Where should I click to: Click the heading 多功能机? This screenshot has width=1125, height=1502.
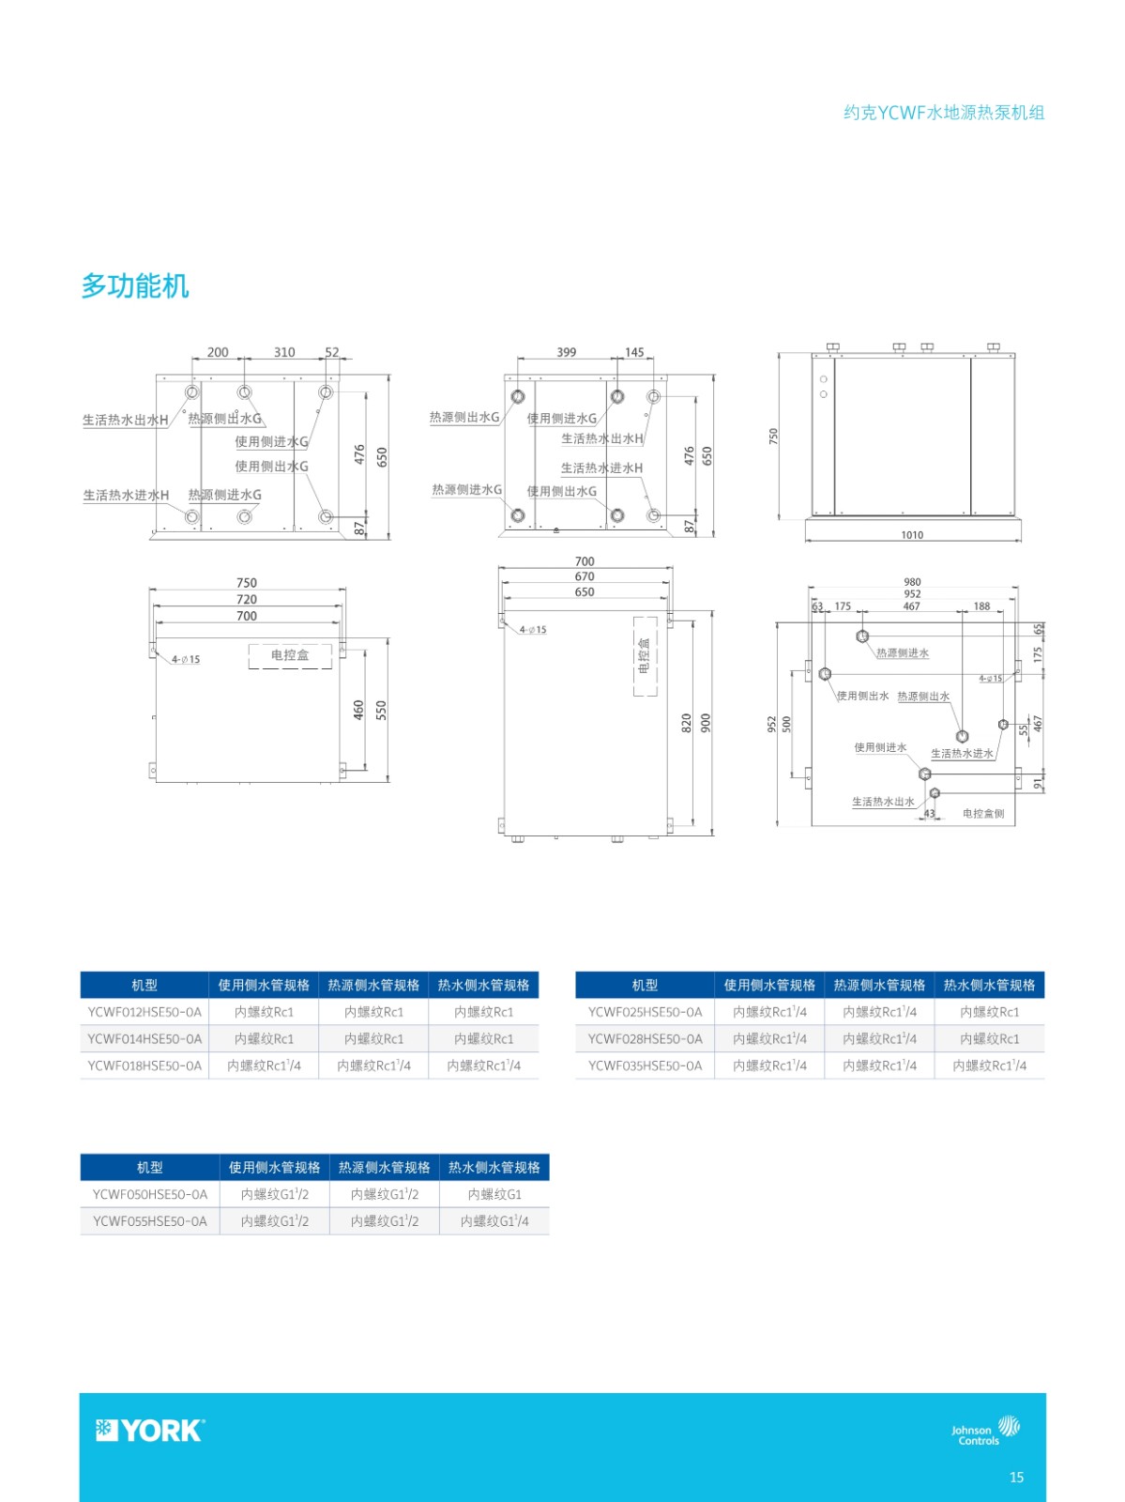[x=135, y=285]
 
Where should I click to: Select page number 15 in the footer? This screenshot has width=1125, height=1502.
[x=1016, y=1478]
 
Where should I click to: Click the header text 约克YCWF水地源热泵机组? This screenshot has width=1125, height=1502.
[x=944, y=113]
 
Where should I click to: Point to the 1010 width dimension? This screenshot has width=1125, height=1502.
[x=912, y=535]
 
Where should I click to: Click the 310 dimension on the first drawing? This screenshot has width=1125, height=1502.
[x=284, y=352]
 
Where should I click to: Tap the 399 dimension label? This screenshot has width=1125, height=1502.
[x=567, y=352]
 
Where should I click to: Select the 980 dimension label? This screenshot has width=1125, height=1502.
[x=912, y=582]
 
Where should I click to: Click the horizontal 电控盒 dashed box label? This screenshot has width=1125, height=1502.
[x=290, y=655]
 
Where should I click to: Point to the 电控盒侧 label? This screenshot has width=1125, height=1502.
[x=983, y=813]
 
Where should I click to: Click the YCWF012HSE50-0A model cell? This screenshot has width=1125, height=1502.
[x=144, y=1012]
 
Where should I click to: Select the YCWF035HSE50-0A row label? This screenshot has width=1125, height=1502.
[x=645, y=1065]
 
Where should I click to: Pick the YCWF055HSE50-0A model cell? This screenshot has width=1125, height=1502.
[x=150, y=1221]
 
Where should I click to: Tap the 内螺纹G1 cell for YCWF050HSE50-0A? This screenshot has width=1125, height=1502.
[x=494, y=1195]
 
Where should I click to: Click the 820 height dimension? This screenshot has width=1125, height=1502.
[x=687, y=723]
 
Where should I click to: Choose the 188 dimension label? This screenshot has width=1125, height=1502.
[x=981, y=606]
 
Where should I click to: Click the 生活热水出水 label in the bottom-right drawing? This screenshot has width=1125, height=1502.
[x=883, y=802]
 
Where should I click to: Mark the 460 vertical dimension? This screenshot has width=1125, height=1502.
[x=359, y=710]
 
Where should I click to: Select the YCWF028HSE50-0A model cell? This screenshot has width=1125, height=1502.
[x=645, y=1039]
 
